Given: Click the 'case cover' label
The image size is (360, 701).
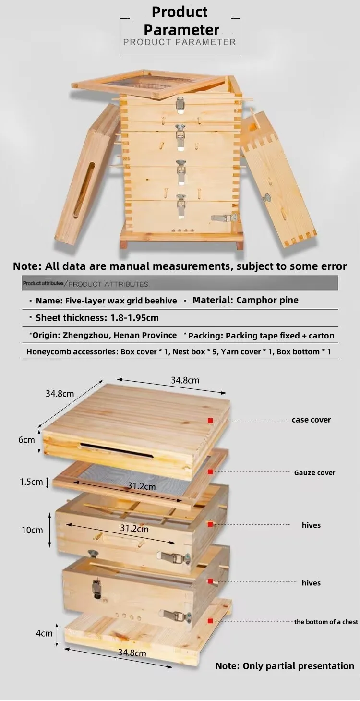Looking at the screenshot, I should (311, 420).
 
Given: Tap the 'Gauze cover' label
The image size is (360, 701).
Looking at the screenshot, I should (314, 472).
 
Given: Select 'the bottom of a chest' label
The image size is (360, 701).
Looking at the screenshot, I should (326, 622).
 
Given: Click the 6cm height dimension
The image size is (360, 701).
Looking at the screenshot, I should (27, 440).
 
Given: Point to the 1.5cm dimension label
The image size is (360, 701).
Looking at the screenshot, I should (32, 482).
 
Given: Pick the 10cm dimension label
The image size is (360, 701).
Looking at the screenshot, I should (32, 530).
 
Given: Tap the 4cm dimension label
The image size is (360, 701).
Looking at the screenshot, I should (44, 633).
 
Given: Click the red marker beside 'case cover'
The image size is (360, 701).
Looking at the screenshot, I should (210, 421).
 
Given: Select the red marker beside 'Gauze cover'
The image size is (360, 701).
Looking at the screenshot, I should (210, 472).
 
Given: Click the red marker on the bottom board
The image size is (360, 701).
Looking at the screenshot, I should (210, 621).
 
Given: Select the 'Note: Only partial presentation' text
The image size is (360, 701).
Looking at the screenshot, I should (285, 666).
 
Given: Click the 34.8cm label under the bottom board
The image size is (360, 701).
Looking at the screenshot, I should (132, 653).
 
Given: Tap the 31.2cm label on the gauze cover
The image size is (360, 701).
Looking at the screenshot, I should (142, 486).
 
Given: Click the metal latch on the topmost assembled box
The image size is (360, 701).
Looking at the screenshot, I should (181, 104).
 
